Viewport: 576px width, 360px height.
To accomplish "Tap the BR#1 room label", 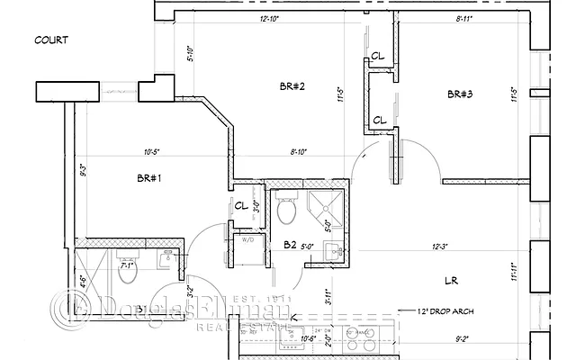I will pyautogui.click(x=148, y=178).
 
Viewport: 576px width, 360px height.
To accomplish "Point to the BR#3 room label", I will pyautogui.click(x=460, y=94).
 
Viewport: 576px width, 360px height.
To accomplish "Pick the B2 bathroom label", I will pyautogui.click(x=290, y=245).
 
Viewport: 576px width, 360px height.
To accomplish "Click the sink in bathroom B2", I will pyautogui.click(x=329, y=250).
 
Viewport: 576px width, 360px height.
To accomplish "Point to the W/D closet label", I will pyautogui.click(x=247, y=239).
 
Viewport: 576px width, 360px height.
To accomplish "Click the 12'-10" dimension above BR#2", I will pyautogui.click(x=270, y=18).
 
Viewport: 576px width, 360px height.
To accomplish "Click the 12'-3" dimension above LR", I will pyautogui.click(x=440, y=246).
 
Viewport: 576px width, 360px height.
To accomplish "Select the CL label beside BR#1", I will pyautogui.click(x=240, y=206).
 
